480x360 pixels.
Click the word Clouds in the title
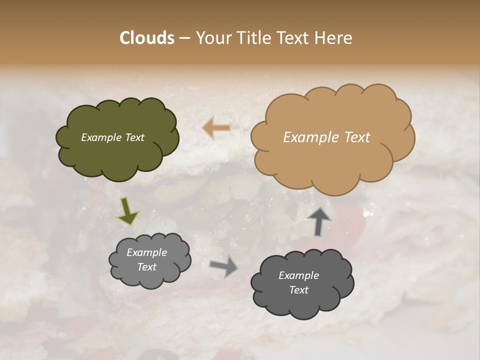tap(147, 38)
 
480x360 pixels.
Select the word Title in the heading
tap(253, 38)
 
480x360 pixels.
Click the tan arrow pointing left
tap(216, 128)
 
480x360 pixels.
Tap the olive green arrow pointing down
tap(127, 211)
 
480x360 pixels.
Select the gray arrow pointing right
tap(224, 265)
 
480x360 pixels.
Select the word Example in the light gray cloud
tap(147, 252)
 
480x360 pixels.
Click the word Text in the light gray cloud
tap(147, 267)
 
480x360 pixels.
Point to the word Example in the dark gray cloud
tap(298, 275)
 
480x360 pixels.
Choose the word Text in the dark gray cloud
tap(298, 290)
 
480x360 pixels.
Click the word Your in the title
tap(211, 38)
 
